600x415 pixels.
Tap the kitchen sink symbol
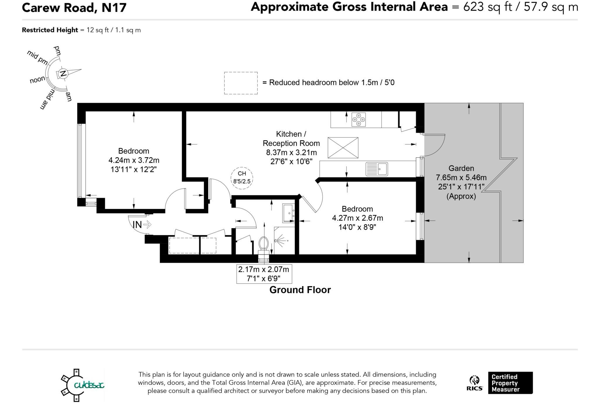tap(377, 169)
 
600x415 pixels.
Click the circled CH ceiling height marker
tap(242, 178)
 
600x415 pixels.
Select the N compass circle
tap(63, 74)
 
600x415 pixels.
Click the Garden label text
tap(461, 168)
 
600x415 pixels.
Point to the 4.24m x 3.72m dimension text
tap(134, 160)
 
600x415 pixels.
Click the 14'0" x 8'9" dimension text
tap(357, 227)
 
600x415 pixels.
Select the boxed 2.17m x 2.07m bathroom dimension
tap(264, 274)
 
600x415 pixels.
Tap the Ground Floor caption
tap(300, 290)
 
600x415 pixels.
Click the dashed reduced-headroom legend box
tap(241, 83)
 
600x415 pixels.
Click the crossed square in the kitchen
tap(343, 147)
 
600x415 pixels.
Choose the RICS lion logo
tap(475, 383)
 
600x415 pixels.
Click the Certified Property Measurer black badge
tap(510, 383)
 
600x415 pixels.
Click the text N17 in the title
tap(114, 8)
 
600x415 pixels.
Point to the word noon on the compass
tap(37, 79)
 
